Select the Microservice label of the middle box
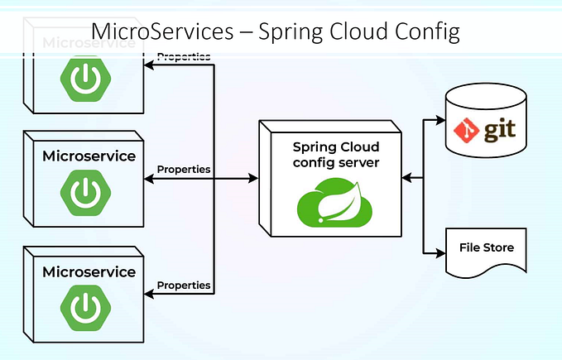(x=89, y=155)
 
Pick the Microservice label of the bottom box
(x=89, y=271)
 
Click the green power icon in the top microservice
(x=84, y=78)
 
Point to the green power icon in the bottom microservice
(x=84, y=308)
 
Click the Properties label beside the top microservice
(x=184, y=57)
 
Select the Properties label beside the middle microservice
(x=184, y=169)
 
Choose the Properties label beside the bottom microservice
(x=184, y=285)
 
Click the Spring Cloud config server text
(x=336, y=155)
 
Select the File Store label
(x=486, y=247)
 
